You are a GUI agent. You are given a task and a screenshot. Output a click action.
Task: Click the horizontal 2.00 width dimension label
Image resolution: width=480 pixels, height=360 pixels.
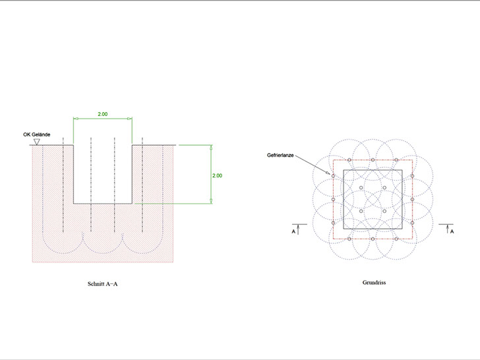click(x=103, y=114)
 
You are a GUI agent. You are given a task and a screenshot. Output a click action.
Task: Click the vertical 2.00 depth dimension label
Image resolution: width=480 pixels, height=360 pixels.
click(x=217, y=175)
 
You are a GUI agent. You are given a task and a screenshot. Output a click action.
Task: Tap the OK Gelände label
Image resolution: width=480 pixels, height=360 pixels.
click(x=37, y=135)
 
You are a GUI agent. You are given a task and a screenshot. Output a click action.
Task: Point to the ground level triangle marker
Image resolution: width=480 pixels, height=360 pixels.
click(x=37, y=142)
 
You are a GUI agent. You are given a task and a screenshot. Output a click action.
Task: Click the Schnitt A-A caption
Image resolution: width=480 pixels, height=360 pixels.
click(x=103, y=284)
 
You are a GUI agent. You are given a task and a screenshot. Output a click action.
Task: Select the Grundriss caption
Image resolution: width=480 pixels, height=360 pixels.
click(x=374, y=283)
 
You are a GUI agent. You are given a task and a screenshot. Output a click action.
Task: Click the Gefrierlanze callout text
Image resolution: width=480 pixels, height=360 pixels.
click(x=280, y=155)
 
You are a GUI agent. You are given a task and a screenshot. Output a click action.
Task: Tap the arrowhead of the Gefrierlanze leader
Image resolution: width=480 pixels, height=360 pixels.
click(x=328, y=173)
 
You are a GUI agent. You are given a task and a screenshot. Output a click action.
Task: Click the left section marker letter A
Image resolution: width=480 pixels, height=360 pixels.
click(x=293, y=231)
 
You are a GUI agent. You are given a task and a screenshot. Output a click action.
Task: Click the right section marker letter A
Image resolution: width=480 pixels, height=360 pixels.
click(x=452, y=231)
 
